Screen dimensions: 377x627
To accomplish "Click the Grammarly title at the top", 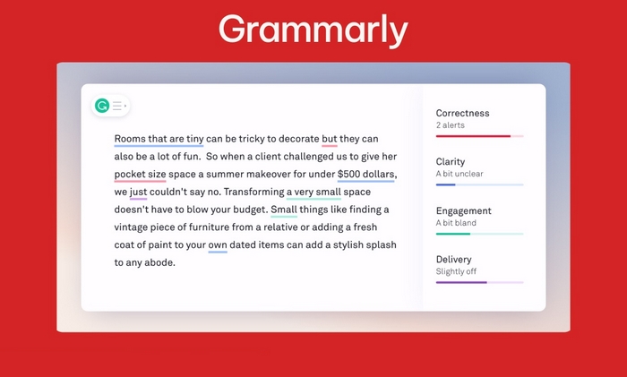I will point(313,30).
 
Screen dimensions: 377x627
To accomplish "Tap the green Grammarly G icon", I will point(102,106).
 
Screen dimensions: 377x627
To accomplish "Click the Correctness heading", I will point(463,113).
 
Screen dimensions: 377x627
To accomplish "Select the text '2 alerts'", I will point(451,124).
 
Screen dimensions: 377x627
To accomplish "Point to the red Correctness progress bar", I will point(473,136).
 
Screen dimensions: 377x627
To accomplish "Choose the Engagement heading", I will point(463,210).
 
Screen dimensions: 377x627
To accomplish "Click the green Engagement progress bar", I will point(453,234).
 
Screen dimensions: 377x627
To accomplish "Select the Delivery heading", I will point(454,260).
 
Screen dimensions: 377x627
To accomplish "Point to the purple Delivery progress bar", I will point(461,282).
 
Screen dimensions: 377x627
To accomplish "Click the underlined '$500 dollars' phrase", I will point(366,174).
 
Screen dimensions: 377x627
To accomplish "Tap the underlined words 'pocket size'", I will point(140,174).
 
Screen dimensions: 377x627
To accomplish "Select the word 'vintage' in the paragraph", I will point(133,227).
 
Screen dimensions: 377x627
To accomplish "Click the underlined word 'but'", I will point(330,140).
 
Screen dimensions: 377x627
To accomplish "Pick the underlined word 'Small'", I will point(284,210).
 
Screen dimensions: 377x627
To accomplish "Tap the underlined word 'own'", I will point(218,244).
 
